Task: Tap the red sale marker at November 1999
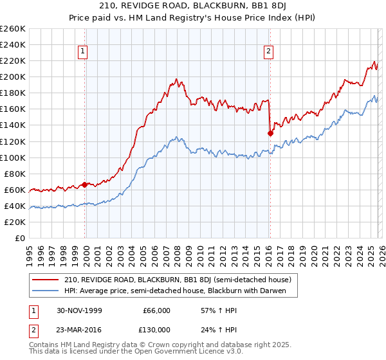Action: pos(85,184)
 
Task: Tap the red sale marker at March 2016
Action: pos(270,133)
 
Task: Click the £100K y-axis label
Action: pos(13,157)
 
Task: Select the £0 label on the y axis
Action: pos(19,238)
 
